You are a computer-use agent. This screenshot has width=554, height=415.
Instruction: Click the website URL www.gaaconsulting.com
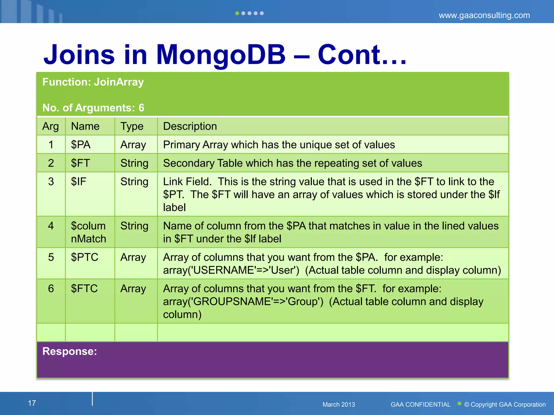pos(484,15)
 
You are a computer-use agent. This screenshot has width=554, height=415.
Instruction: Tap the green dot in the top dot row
pos(237,13)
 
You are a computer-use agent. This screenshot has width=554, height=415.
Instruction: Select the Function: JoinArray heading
pos(93,82)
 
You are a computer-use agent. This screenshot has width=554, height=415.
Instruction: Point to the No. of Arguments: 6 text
pos(93,108)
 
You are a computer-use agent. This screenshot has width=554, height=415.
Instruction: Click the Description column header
pos(190,126)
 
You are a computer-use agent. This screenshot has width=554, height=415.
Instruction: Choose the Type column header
pos(132,126)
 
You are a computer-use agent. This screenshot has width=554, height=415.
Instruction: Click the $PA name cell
pos(81,145)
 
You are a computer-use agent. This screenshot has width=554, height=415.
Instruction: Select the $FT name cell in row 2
pos(80,163)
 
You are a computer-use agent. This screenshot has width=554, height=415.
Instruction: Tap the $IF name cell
pos(78,181)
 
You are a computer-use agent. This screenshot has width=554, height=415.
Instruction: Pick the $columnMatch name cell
pos(88,232)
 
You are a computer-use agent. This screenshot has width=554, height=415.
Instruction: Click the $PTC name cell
pos(84,257)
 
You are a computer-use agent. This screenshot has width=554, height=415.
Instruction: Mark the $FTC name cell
pos(84,288)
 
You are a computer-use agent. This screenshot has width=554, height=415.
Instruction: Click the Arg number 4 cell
pos(51,226)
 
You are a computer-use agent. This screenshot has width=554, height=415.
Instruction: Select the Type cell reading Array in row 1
pos(133,145)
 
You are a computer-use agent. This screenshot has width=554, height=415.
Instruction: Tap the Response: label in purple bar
pos(70,351)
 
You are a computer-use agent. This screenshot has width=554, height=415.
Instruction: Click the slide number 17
pos(32,403)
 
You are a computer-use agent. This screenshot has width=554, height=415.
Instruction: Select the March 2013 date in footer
pos(338,404)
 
